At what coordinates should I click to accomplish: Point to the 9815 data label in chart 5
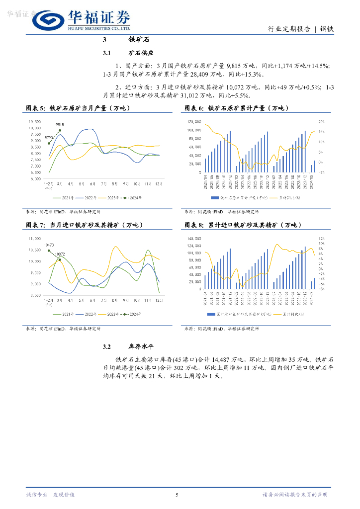(x=60, y=125)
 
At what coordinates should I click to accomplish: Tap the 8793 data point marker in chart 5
(x=49, y=143)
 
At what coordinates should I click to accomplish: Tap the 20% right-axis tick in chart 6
(x=322, y=121)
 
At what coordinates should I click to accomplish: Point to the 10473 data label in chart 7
(x=49, y=245)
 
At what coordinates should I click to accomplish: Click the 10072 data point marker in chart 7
(x=59, y=259)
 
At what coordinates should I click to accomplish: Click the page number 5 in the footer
(x=177, y=495)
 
